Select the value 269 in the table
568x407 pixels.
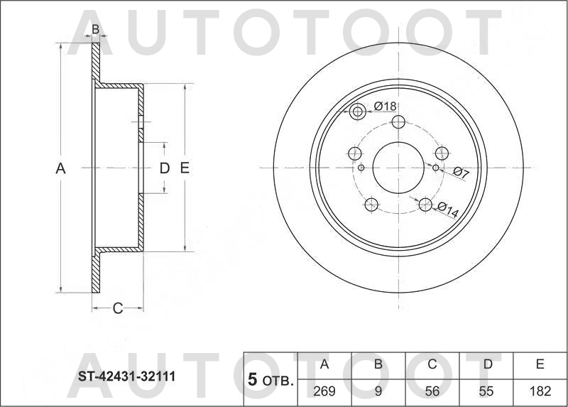click(324, 390)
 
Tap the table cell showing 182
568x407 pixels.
click(540, 390)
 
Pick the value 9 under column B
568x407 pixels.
click(378, 390)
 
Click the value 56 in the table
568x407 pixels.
click(432, 390)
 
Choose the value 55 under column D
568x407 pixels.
click(487, 390)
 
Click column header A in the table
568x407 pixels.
click(324, 365)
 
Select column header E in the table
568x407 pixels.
click(540, 365)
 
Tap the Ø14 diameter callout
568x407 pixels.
click(449, 207)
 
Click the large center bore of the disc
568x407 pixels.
click(398, 168)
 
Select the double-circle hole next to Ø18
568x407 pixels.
click(358, 111)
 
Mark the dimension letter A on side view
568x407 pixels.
click(60, 168)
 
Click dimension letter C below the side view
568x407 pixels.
click(118, 308)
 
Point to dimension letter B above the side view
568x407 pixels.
click(95, 30)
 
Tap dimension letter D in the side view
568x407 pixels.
click(164, 168)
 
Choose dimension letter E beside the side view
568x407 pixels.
click(184, 168)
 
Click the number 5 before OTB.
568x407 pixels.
click(251, 380)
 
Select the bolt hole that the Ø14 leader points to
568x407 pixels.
click(425, 205)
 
